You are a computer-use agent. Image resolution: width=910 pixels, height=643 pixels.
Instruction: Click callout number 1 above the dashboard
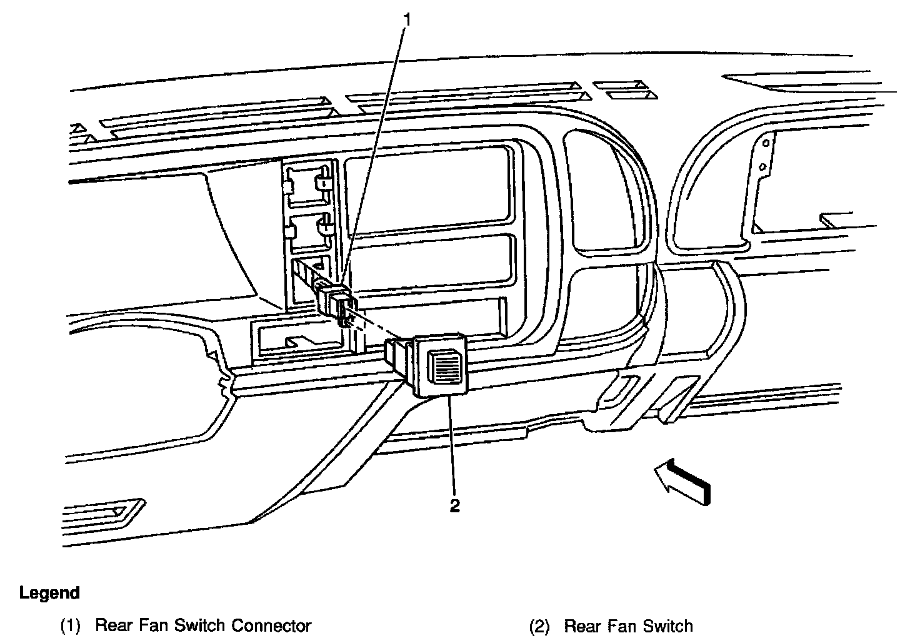407,20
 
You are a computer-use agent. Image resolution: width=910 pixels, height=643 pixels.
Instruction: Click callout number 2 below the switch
454,505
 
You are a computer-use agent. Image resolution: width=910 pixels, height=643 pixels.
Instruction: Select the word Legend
49,592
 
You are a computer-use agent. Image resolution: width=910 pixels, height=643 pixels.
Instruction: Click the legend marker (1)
70,626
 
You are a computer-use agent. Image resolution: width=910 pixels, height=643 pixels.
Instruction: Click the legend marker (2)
539,626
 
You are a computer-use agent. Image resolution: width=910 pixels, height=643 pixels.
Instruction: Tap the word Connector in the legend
272,626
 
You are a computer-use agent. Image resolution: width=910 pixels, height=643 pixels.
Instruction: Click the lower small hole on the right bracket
762,166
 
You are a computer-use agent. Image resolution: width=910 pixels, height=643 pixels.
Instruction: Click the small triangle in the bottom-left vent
117,511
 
